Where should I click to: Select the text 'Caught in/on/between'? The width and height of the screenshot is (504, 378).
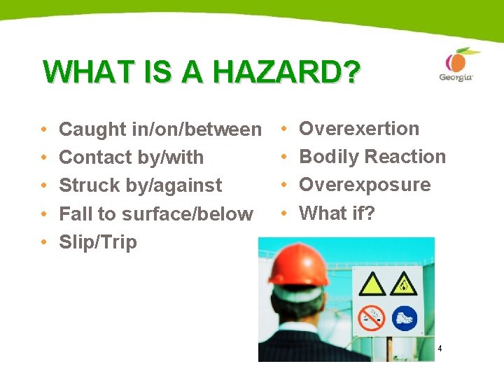coord(160,129)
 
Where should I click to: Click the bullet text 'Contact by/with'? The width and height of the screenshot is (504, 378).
coord(131,157)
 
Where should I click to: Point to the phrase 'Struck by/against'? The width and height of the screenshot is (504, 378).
coord(140,185)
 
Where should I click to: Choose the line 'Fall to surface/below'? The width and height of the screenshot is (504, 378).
coord(155,213)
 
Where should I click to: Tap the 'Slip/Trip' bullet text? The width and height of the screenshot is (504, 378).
coord(98,242)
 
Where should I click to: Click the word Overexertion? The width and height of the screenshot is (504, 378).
coord(359,129)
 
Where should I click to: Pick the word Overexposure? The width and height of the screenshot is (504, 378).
coord(365,185)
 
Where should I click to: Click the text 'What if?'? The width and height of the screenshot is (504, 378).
coord(337,213)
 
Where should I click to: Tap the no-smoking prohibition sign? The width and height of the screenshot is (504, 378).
coord(371,318)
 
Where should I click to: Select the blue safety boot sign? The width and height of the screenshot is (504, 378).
coord(405,318)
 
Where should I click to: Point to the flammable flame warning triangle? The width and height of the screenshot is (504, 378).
coord(405,286)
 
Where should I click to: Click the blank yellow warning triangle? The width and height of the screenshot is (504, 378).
coord(371,286)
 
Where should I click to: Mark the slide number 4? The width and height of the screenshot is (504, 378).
coord(440,349)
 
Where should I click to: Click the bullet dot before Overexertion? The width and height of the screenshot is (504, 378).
coord(283,129)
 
